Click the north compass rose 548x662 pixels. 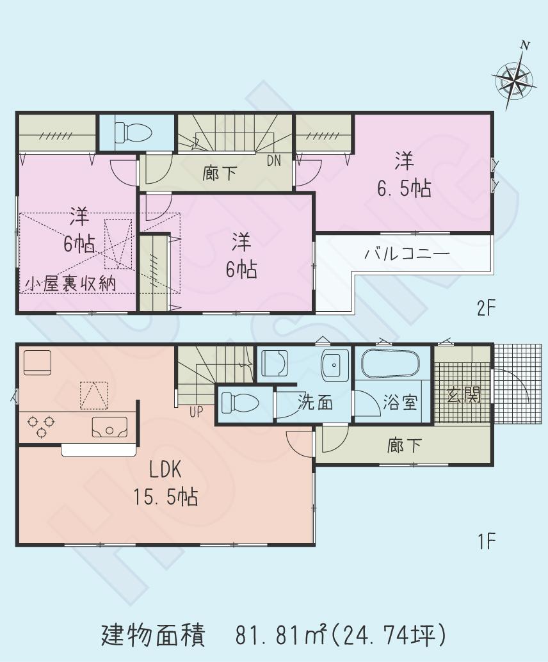coord(513,80)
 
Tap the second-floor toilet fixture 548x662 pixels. coord(134,132)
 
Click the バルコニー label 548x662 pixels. coord(407,254)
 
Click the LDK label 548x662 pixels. coord(165,471)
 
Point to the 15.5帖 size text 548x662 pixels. coord(165,496)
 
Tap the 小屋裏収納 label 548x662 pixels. coord(71,284)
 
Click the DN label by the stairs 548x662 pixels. coord(274,161)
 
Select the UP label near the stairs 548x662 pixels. coord(195,412)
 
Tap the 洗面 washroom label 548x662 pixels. coord(316,403)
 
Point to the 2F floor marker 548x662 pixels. coord(487,309)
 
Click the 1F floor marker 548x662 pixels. coord(487,542)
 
